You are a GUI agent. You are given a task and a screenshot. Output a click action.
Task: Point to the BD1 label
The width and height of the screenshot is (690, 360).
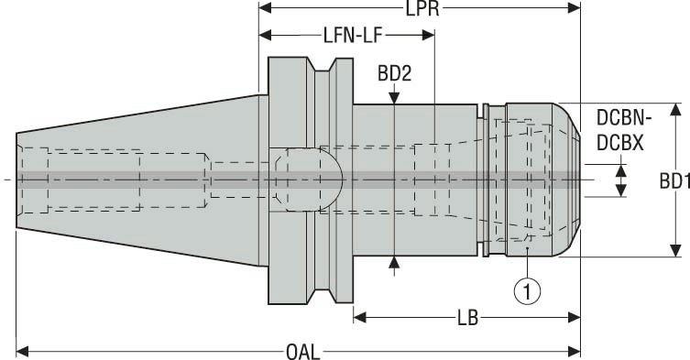pyautogui.click(x=674, y=180)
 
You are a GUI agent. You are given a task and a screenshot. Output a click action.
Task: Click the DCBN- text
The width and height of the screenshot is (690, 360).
pyautogui.click(x=623, y=118)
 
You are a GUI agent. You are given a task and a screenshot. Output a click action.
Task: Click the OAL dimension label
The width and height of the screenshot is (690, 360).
pyautogui.click(x=302, y=350)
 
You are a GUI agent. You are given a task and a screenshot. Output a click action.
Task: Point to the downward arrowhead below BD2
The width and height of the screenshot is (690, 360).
pyautogui.click(x=394, y=96)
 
